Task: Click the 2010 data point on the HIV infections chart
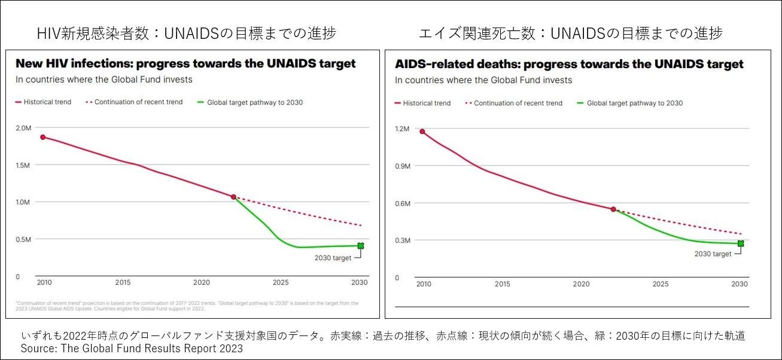42,137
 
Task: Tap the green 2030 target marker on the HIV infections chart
360,246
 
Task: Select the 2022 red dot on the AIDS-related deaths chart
613,209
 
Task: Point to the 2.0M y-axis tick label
23,128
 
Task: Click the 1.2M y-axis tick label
403,129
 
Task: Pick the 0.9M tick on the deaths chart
403,166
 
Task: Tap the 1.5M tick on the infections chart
23,165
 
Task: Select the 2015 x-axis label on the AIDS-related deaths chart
503,284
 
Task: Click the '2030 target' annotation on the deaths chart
713,254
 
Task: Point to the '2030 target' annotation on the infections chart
333,258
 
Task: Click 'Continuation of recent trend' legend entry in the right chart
518,103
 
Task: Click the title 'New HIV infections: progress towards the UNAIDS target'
185,63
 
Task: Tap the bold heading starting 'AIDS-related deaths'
569,64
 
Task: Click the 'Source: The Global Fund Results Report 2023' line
132,349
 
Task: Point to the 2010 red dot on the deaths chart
422,132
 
